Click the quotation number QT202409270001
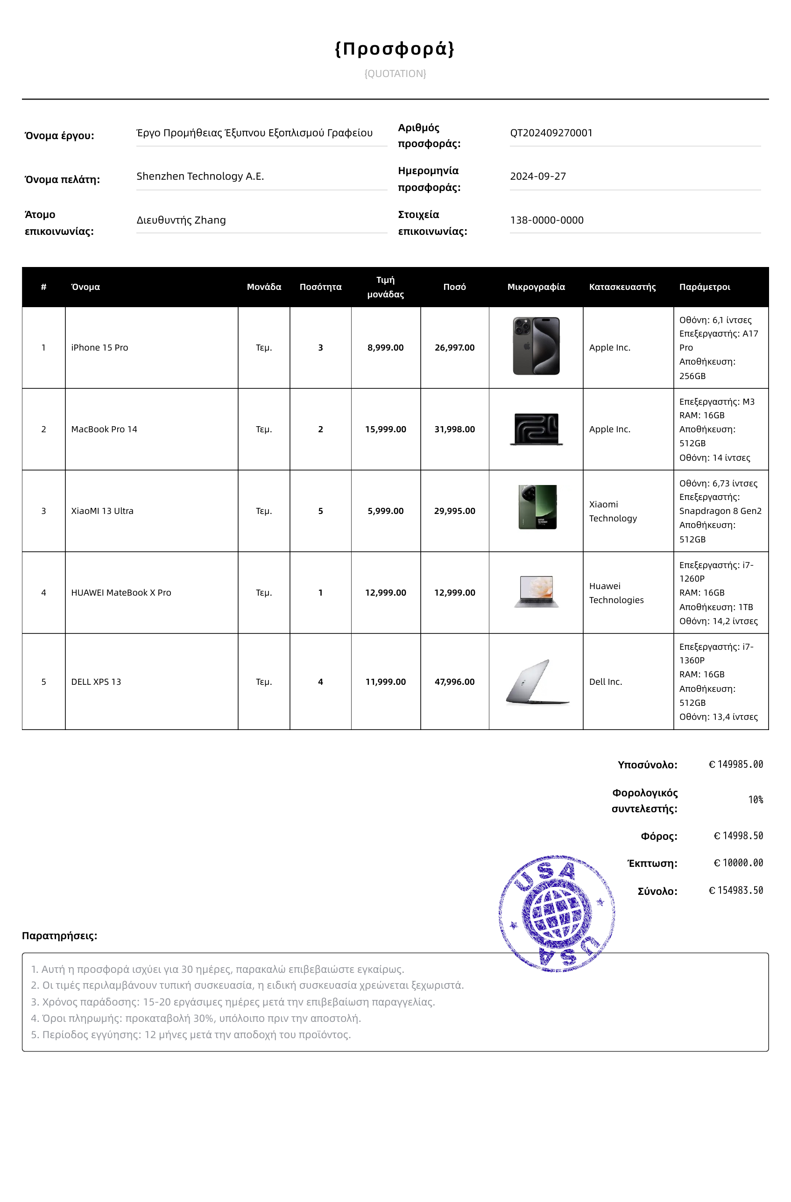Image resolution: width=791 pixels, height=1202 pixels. click(551, 133)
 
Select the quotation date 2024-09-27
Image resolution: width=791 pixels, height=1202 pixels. click(537, 176)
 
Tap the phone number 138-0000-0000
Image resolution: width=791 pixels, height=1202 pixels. click(546, 220)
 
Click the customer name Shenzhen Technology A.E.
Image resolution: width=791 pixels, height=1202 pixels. click(200, 176)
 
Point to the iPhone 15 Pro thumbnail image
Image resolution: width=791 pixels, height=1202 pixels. click(536, 346)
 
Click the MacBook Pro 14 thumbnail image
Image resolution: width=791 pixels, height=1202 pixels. click(536, 429)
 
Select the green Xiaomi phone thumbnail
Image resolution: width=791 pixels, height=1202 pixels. click(537, 507)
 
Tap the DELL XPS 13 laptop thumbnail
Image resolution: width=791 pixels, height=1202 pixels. click(537, 682)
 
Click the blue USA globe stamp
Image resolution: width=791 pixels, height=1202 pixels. click(557, 913)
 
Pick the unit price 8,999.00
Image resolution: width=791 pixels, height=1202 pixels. click(385, 347)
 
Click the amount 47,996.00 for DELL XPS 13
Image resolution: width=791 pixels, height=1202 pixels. click(455, 682)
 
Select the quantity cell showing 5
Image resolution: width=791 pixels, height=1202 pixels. click(320, 511)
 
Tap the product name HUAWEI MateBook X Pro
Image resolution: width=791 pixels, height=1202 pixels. click(121, 593)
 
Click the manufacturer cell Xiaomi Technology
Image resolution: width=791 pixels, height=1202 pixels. click(613, 511)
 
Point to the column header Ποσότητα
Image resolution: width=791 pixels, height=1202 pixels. click(320, 287)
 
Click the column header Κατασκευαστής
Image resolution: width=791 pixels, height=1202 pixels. click(622, 287)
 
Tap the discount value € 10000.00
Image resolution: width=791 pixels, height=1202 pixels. click(738, 863)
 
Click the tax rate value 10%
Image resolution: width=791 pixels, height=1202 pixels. click(755, 800)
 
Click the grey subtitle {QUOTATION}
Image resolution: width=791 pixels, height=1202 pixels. click(395, 74)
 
